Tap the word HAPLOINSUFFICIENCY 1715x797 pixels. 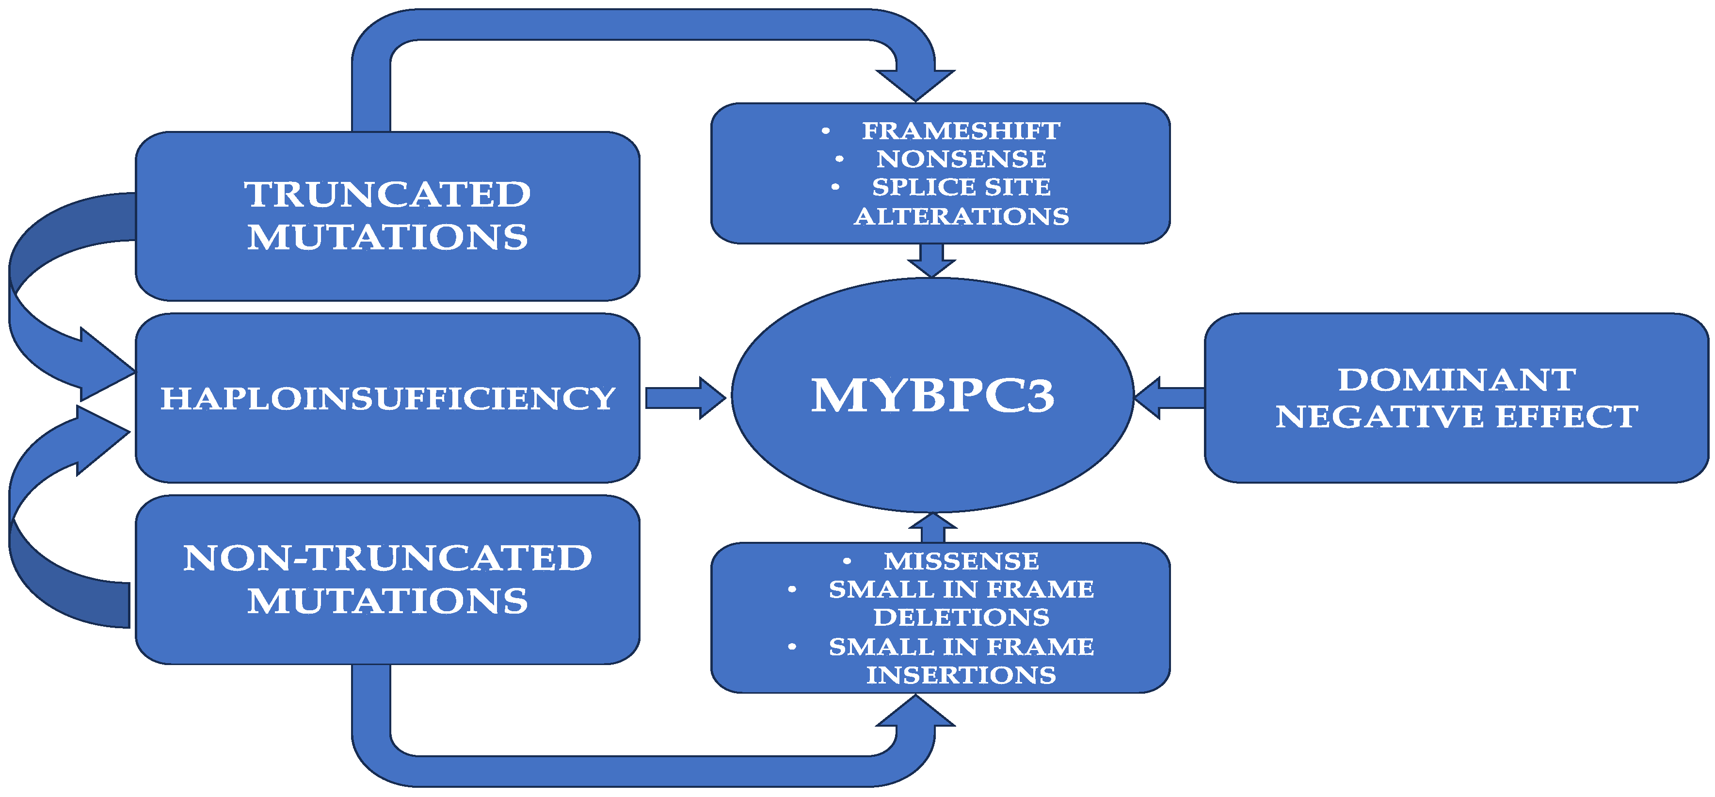[387, 398]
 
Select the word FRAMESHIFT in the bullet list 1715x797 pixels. [961, 130]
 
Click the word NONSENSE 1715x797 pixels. [961, 159]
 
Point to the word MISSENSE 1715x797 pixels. [961, 561]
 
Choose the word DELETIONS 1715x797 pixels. [961, 617]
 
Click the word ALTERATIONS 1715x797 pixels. [961, 216]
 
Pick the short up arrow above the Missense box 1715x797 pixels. [932, 528]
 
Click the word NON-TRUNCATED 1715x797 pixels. [387, 557]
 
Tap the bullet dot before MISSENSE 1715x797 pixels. [847, 561]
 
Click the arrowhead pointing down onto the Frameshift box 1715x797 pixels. [915, 84]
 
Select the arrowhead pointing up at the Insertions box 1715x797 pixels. [915, 713]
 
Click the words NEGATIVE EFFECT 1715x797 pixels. [1457, 416]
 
